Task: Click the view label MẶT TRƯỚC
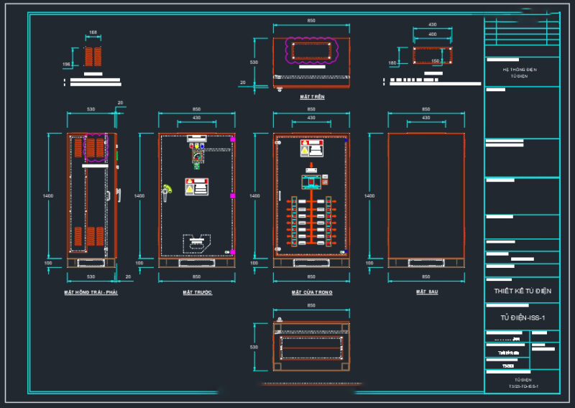coord(198,293)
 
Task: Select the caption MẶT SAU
coord(426,292)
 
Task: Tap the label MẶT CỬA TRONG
coord(311,293)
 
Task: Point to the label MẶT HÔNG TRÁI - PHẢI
coord(91,293)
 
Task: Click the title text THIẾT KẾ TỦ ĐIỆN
coord(522,291)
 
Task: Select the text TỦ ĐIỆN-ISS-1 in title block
coord(522,317)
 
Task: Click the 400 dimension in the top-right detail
coord(433,34)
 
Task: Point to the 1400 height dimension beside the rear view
coord(369,195)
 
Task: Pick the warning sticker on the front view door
coord(195,186)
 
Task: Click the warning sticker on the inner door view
coord(310,148)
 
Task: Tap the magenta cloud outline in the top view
coord(311,50)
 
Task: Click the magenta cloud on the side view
coord(95,147)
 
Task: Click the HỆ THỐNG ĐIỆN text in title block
coord(519,69)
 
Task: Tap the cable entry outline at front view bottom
coord(195,243)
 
